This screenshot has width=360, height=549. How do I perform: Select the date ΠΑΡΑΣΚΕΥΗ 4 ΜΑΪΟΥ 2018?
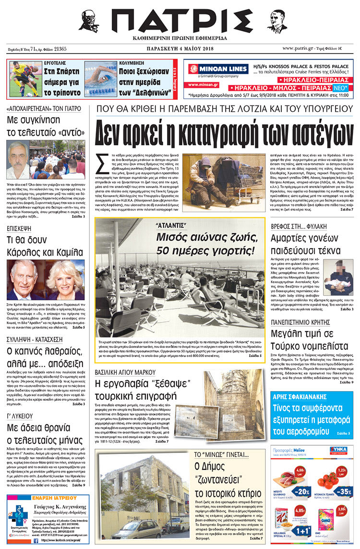(x=180, y=48)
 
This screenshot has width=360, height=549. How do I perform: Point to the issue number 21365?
(x=60, y=48)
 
